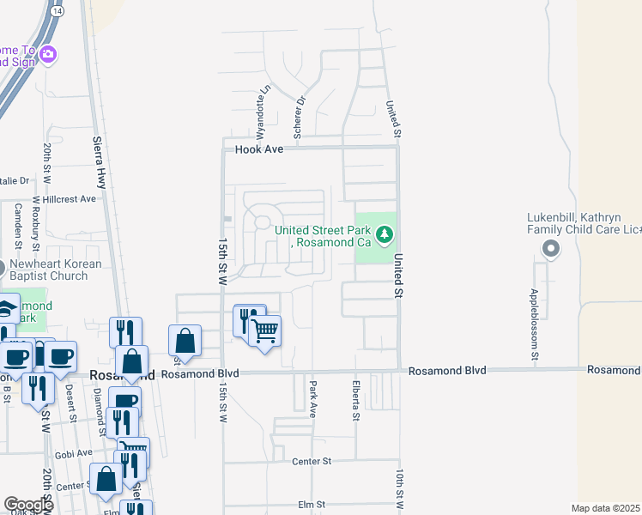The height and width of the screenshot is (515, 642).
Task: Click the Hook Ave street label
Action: pos(259,149)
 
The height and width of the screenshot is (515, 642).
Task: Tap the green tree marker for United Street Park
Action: pos(385,233)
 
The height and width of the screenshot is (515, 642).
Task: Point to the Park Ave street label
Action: pos(314,394)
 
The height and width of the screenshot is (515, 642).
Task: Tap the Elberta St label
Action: pos(354,401)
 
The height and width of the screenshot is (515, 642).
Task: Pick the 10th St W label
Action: pos(400,488)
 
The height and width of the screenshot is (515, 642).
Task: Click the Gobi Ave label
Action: pos(73,452)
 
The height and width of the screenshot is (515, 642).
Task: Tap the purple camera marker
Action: pos(48,55)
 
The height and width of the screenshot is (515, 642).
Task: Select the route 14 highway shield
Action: pos(57,10)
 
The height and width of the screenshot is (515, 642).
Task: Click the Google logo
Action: pos(28,505)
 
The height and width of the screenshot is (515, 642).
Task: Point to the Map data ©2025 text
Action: pos(605,508)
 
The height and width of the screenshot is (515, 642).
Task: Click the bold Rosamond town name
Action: pos(122,375)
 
